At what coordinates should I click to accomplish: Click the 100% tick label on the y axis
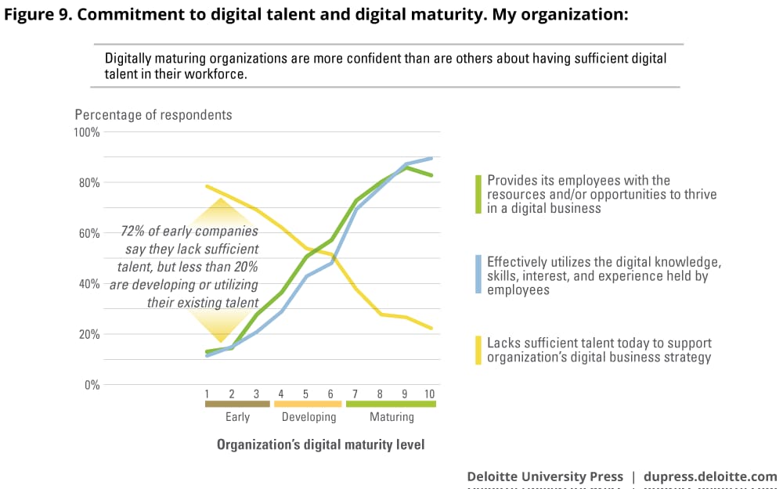click(87, 132)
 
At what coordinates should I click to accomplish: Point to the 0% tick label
click(91, 385)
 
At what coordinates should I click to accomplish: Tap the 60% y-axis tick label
click(89, 233)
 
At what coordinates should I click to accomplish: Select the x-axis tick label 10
click(429, 393)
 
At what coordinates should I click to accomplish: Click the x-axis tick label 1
click(207, 393)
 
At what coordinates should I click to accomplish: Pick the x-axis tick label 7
click(356, 393)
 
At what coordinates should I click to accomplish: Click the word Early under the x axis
click(237, 417)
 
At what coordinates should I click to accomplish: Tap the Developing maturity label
click(309, 417)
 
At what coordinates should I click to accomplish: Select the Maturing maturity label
click(391, 417)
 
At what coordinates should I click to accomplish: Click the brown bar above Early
click(237, 405)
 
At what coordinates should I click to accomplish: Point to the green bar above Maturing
click(391, 405)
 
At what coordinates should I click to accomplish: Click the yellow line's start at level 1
click(207, 186)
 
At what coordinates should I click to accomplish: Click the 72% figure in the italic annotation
click(133, 232)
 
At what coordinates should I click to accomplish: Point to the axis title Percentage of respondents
click(153, 115)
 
